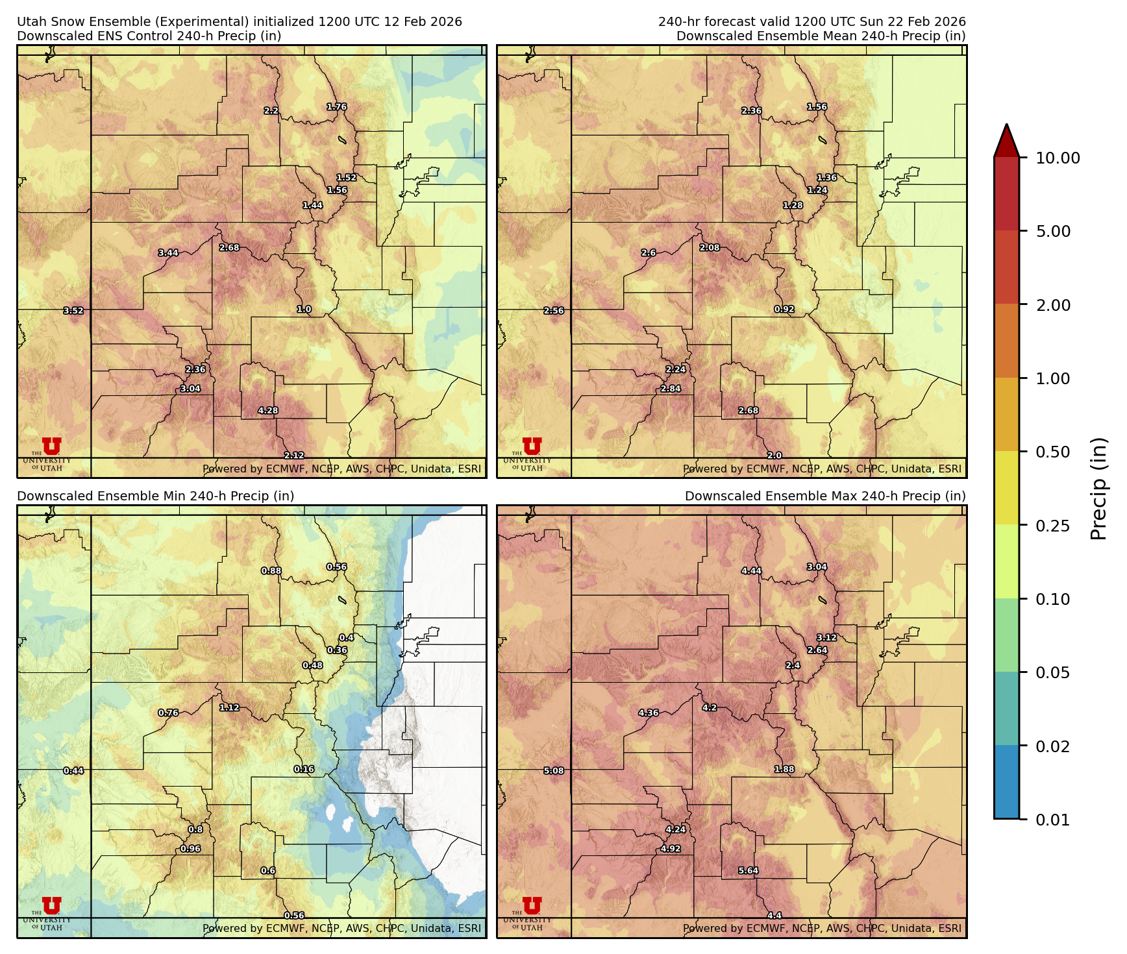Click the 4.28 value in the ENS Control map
(x=268, y=411)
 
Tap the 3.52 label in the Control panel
(x=73, y=311)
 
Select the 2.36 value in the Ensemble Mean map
(x=752, y=111)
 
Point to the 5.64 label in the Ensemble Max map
(x=749, y=871)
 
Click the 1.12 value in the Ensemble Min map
(x=229, y=707)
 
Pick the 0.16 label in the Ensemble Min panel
(x=304, y=769)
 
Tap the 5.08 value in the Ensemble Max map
(x=554, y=771)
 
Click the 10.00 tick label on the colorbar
(x=1058, y=158)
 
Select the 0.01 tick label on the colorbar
(x=1053, y=820)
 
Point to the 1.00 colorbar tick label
(x=1053, y=378)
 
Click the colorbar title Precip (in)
(x=1098, y=489)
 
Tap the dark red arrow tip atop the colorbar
(x=1006, y=140)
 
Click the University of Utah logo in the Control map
(x=51, y=448)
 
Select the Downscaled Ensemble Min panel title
(x=156, y=496)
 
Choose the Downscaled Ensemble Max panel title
(x=825, y=496)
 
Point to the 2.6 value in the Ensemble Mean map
(x=649, y=253)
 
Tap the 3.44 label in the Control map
(x=168, y=253)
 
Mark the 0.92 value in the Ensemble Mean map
(x=784, y=310)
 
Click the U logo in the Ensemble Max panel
(x=532, y=906)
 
